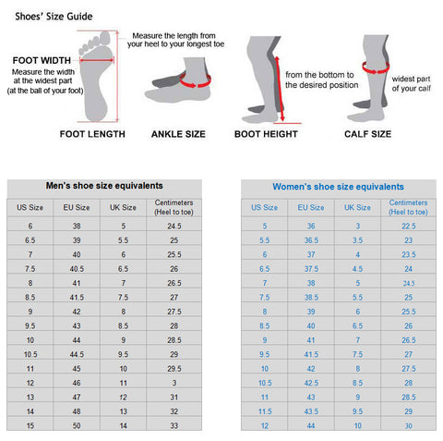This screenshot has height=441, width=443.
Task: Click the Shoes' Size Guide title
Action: pyautogui.click(x=54, y=17)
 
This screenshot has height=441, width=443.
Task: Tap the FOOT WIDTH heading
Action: pyautogui.click(x=42, y=60)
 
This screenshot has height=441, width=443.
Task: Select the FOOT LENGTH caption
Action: pyautogui.click(x=92, y=134)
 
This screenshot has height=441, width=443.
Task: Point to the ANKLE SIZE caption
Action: pyautogui.click(x=178, y=134)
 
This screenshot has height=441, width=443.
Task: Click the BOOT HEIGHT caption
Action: pyautogui.click(x=266, y=134)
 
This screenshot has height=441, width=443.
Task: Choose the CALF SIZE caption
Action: pyautogui.click(x=368, y=134)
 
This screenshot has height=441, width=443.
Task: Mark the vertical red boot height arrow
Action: pyautogui.click(x=280, y=89)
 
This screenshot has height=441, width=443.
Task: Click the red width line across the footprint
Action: pyautogui.click(x=97, y=60)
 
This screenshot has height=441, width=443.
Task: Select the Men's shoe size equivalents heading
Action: pyautogui.click(x=104, y=186)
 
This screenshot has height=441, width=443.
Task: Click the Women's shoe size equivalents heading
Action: pyautogui.click(x=338, y=187)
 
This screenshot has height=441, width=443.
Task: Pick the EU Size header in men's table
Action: pyautogui.click(x=77, y=207)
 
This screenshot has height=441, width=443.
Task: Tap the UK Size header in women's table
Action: pyautogui.click(x=357, y=207)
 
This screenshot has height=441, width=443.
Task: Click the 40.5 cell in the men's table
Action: pyautogui.click(x=77, y=269)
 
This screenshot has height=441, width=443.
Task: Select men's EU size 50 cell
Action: pyautogui.click(x=77, y=426)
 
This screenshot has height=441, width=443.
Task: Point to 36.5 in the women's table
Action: pyautogui.click(x=311, y=240)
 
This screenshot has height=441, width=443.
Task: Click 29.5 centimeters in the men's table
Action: pyautogui.click(x=174, y=369)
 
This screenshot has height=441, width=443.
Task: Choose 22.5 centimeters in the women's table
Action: pyautogui.click(x=409, y=227)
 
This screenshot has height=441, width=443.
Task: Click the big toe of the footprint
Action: pyautogui.click(x=105, y=39)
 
